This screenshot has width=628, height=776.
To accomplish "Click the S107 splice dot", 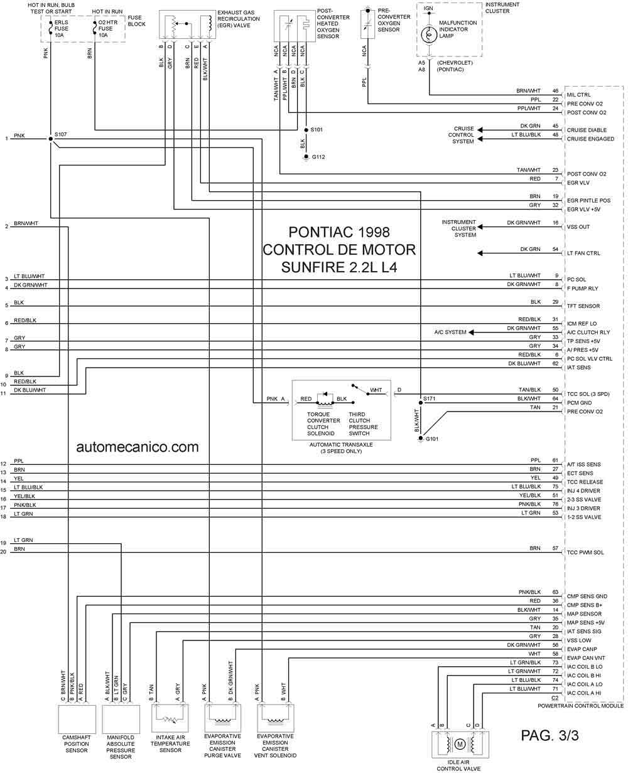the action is pyautogui.click(x=50, y=139).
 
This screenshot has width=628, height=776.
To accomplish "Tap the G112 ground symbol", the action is pyautogui.click(x=306, y=157).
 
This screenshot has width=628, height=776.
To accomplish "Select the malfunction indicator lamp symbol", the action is pyautogui.click(x=429, y=35).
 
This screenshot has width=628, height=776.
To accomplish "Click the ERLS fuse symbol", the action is pyautogui.click(x=50, y=28).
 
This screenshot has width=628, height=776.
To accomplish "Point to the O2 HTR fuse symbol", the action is pyautogui.click(x=94, y=28).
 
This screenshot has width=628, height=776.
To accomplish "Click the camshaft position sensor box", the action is pyautogui.click(x=77, y=719).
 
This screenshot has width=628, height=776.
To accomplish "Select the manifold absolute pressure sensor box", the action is pyautogui.click(x=121, y=719).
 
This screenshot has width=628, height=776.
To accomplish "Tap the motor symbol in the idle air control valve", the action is pyautogui.click(x=460, y=744).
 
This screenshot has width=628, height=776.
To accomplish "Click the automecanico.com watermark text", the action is pyautogui.click(x=137, y=447).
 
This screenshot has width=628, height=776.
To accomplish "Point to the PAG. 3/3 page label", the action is pyautogui.click(x=549, y=735).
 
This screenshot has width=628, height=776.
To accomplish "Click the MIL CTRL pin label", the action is pyautogui.click(x=578, y=95).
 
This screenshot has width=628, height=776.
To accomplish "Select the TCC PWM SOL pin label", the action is pyautogui.click(x=585, y=552).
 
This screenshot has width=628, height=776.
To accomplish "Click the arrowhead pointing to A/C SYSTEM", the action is pyautogui.click(x=471, y=332).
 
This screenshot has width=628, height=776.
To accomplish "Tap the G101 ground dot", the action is pyautogui.click(x=421, y=438).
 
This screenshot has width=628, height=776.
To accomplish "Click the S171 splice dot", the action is pyautogui.click(x=421, y=403).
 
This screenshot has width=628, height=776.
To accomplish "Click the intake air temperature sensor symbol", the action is pyautogui.click(x=170, y=718).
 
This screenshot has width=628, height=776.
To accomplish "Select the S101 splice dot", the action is pyautogui.click(x=306, y=130).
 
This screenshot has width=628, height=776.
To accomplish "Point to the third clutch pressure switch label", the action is pyautogui.click(x=363, y=423).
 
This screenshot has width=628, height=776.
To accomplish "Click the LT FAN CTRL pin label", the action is pyautogui.click(x=583, y=253).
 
